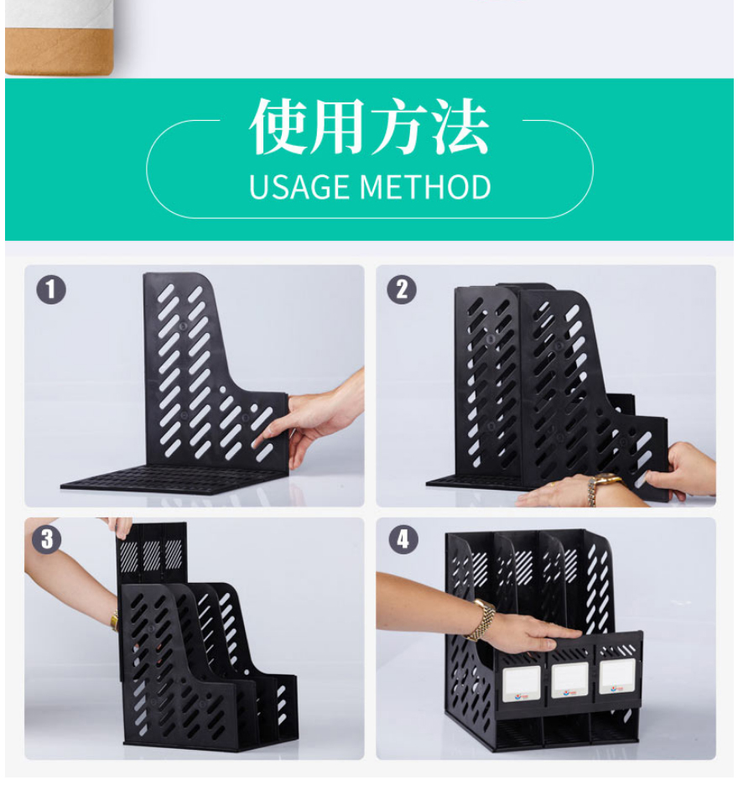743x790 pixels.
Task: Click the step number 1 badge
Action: pos(51,289)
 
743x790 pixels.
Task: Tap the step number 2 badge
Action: pos(402,289)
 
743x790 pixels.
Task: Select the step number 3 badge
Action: pos(47,539)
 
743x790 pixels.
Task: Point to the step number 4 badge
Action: pos(403,539)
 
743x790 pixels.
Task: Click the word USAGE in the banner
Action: pos(300,187)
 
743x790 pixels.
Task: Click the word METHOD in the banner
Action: pos(426,187)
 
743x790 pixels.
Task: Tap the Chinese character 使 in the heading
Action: pos(279,126)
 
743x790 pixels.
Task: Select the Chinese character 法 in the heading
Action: pos(460,126)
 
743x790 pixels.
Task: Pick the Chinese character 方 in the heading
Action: pos(400,126)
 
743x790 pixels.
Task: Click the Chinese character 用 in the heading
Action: pos(339,126)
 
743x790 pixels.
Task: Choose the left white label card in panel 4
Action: pos(522,683)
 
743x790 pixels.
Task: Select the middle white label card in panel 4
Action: pos(569,680)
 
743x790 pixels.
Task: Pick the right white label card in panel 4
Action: pos(617,677)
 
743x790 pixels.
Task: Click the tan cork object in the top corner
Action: pos(59,52)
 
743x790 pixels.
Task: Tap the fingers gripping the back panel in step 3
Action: pos(121,528)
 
